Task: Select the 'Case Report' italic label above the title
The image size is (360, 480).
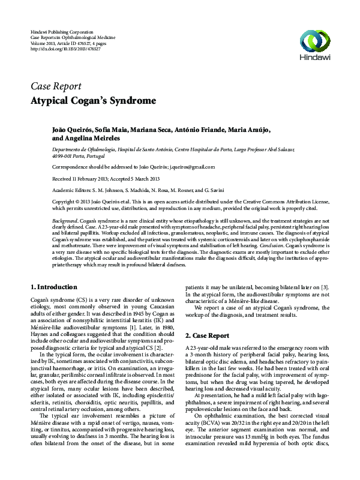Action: click(x=55, y=85)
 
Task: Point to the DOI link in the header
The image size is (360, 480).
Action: click(x=65, y=49)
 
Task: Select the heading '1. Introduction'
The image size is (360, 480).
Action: click(x=53, y=287)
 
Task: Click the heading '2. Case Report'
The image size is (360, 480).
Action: click(x=207, y=335)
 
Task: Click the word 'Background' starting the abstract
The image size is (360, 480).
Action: click(x=65, y=221)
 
